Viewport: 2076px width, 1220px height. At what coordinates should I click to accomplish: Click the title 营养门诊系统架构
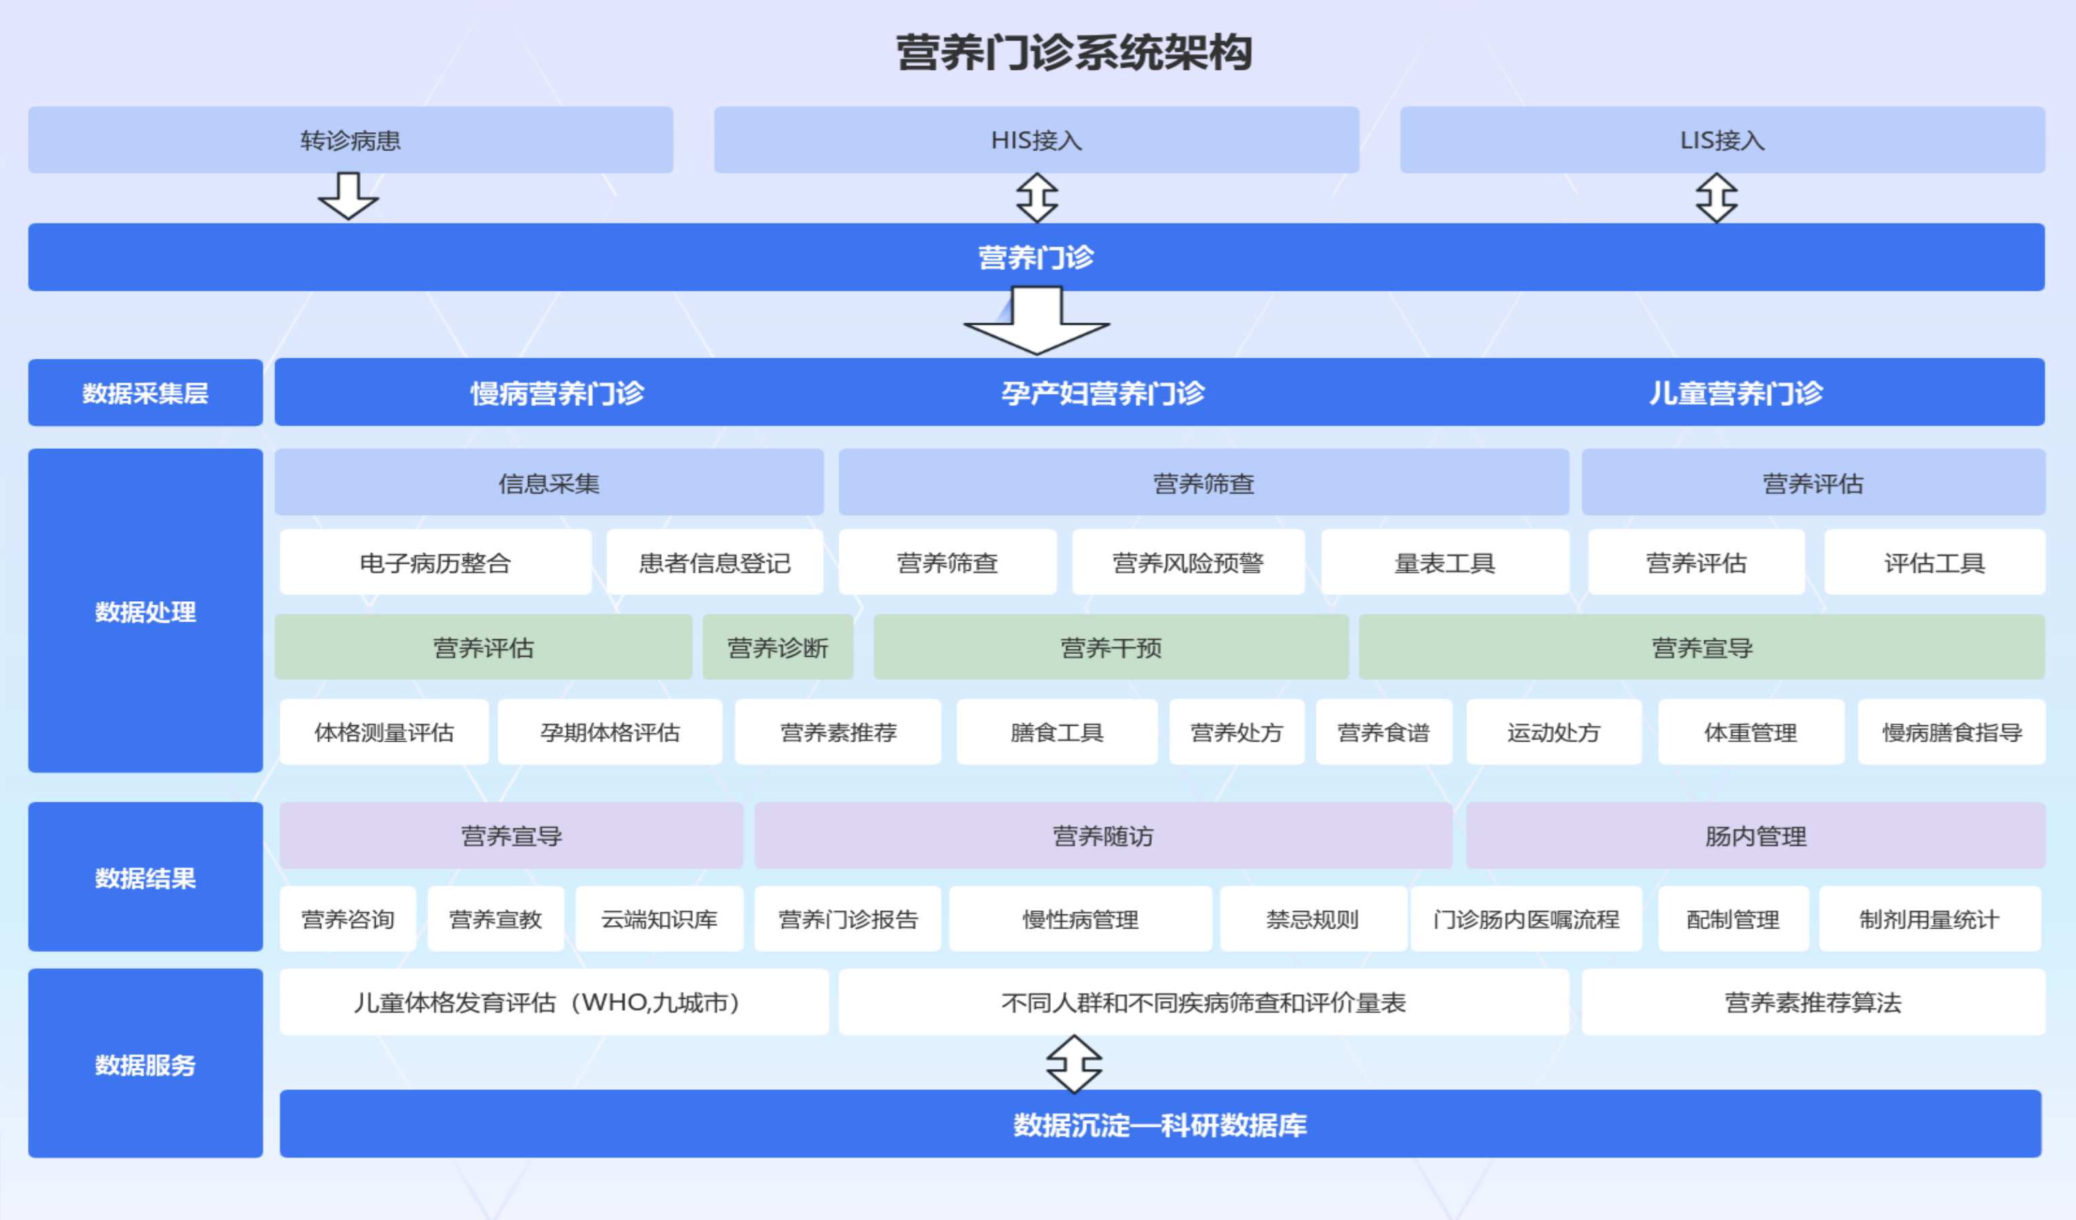tap(1074, 53)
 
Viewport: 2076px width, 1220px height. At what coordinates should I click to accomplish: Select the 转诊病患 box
tap(350, 140)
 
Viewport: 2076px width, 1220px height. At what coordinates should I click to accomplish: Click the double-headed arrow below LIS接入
tap(1716, 198)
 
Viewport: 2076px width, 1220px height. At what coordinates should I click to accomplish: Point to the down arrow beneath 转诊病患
tap(348, 196)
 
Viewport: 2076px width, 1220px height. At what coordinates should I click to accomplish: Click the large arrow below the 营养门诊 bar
tap(1037, 321)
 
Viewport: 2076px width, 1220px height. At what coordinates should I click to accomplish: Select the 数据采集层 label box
tap(145, 393)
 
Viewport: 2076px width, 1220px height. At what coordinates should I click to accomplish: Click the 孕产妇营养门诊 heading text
tap(1102, 393)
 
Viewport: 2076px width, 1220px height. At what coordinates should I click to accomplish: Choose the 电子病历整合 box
tap(435, 563)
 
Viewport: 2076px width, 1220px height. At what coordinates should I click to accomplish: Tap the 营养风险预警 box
tap(1187, 563)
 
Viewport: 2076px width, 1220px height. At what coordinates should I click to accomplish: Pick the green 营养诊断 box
tap(777, 647)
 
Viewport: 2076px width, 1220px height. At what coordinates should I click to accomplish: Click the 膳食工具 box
tap(1056, 731)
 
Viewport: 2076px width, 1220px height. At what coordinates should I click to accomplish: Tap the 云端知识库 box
tap(658, 918)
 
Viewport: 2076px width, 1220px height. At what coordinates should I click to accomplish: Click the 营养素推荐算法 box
tap(1812, 1002)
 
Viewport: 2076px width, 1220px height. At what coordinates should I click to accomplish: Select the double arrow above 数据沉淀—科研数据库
tap(1073, 1063)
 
